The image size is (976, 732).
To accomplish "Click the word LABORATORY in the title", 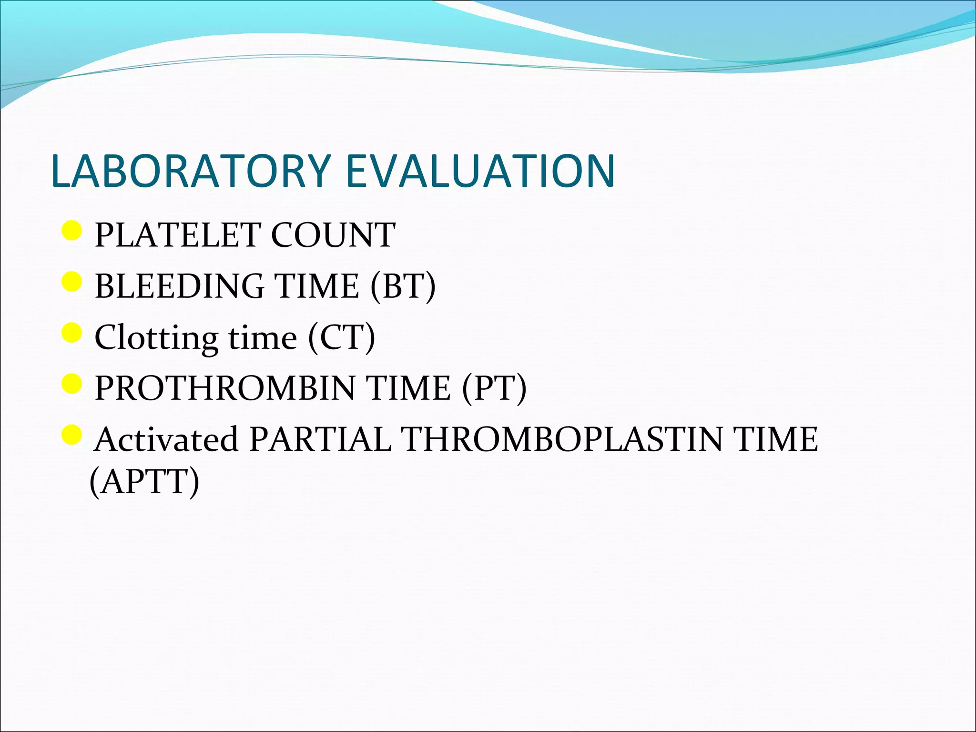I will (x=191, y=171).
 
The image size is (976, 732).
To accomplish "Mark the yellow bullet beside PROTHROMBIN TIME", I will (x=72, y=384).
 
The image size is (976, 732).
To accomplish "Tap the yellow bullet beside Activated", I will (x=72, y=434).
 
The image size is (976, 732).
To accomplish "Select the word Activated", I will (x=166, y=439).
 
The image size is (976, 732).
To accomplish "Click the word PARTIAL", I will (x=320, y=439).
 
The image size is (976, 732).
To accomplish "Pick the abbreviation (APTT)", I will (x=144, y=482).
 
